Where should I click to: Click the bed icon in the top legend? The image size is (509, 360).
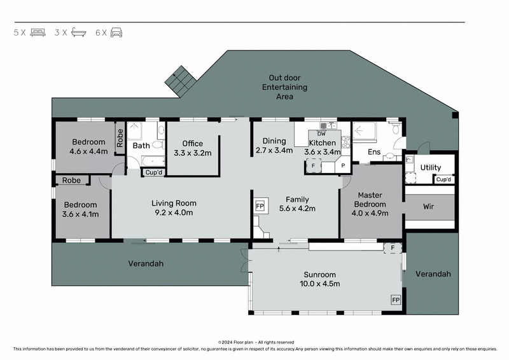38,32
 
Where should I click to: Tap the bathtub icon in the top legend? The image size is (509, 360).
78,32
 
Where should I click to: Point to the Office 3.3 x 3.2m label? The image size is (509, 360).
192,148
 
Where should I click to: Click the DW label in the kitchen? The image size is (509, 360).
321,134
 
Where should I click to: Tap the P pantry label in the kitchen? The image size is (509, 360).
343,165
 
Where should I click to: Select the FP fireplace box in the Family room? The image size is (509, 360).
260,207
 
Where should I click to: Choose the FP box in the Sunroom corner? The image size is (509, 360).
395,299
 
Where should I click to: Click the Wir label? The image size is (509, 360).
429,207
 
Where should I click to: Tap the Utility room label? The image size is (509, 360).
431,167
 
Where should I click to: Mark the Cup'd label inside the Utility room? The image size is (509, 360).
443,179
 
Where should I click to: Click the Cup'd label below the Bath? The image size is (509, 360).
153,172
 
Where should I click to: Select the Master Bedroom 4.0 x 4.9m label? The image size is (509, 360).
370,204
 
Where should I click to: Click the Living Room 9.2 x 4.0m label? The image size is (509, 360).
174,208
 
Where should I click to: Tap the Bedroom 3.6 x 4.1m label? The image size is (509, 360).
80,209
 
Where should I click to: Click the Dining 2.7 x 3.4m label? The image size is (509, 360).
274,146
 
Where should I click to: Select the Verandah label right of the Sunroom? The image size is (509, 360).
433,274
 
